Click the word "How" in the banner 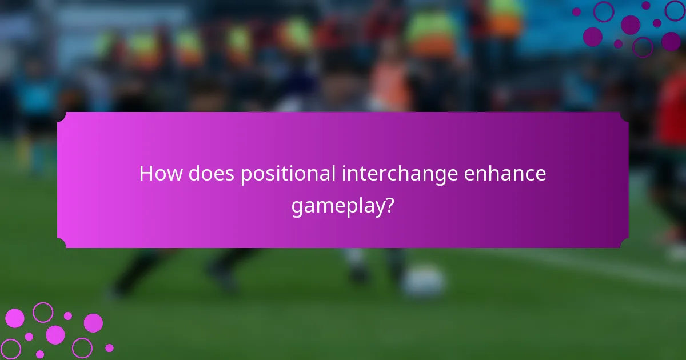pyautogui.click(x=157, y=174)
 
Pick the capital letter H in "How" pyautogui.click(x=146, y=174)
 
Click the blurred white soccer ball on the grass pyautogui.click(x=423, y=281)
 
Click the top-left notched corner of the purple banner pyautogui.click(x=61, y=116)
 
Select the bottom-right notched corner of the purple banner pyautogui.click(x=624, y=244)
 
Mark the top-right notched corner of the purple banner pyautogui.click(x=624, y=116)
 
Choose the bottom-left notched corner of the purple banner pyautogui.click(x=61, y=244)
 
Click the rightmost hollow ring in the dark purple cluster pyautogui.click(x=675, y=11)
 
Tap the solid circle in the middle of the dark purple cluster pyautogui.click(x=630, y=25)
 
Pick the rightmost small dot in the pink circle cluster pyautogui.click(x=109, y=347)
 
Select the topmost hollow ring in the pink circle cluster pyautogui.click(x=43, y=312)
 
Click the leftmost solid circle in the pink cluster pyautogui.click(x=14, y=318)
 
